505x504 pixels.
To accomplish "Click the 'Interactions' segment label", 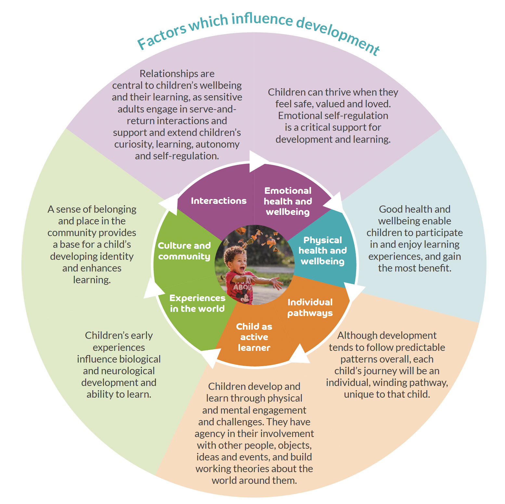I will click(x=218, y=201).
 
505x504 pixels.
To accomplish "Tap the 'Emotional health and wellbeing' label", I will click(x=288, y=201).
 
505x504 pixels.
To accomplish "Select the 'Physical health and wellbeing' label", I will click(x=322, y=251).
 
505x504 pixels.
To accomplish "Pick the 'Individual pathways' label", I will click(x=310, y=307).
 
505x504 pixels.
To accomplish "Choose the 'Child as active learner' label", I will click(x=254, y=337).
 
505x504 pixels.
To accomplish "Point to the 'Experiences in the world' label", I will click(x=197, y=303).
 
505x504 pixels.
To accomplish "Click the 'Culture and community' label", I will click(x=184, y=251).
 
